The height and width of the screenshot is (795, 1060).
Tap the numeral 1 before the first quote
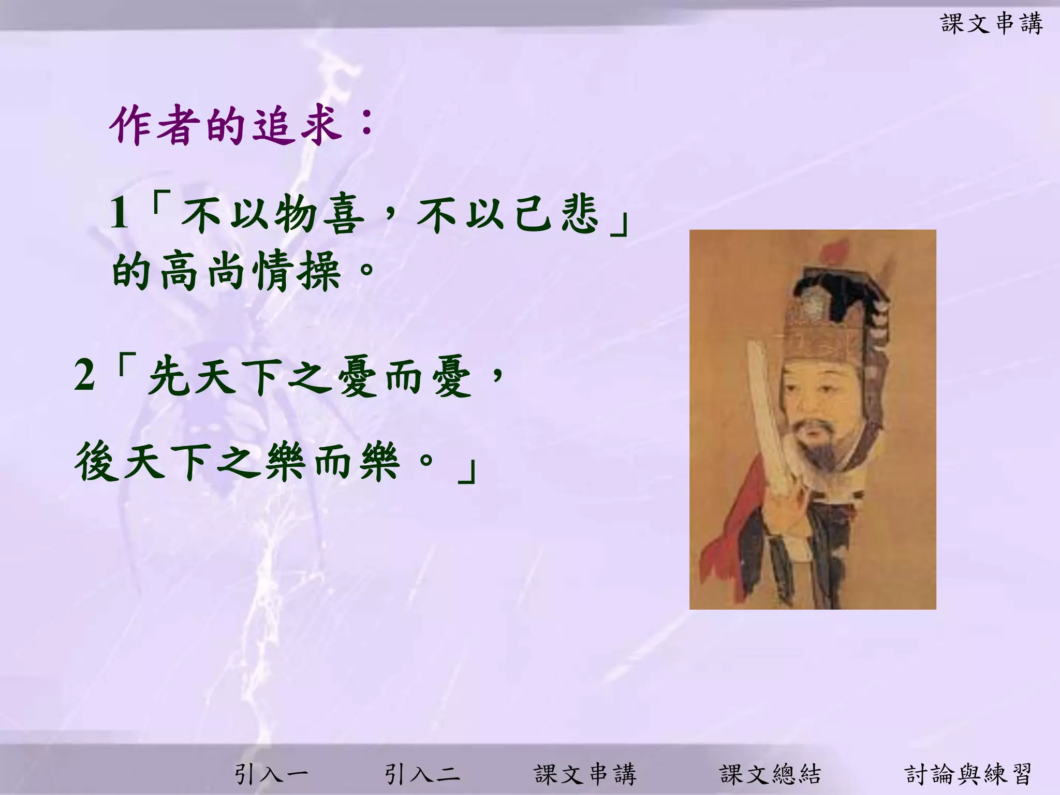coord(120,213)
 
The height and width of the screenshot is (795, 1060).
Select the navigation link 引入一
coord(271,774)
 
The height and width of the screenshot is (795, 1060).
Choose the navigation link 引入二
coord(421,774)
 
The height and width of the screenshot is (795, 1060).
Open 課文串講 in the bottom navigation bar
coord(585,774)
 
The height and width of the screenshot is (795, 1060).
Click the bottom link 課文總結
coord(770,774)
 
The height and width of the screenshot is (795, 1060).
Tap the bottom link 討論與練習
coord(968,774)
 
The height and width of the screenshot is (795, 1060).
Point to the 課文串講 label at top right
coord(991,24)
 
